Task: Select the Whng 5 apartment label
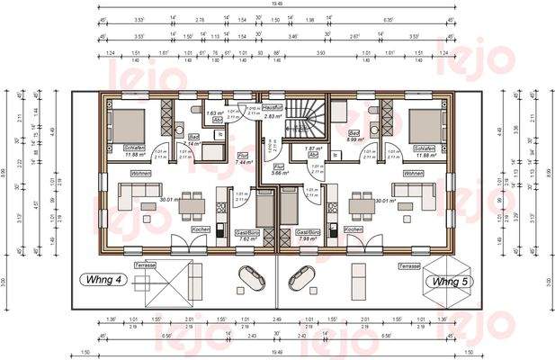click(447, 282)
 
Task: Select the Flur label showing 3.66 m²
click(280, 168)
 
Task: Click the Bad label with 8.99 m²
click(355, 136)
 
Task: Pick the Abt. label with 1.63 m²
click(216, 117)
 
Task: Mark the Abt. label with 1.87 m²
click(313, 151)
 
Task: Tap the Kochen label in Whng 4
click(201, 229)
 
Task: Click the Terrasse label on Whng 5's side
click(410, 267)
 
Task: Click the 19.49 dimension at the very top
click(276, 5)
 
